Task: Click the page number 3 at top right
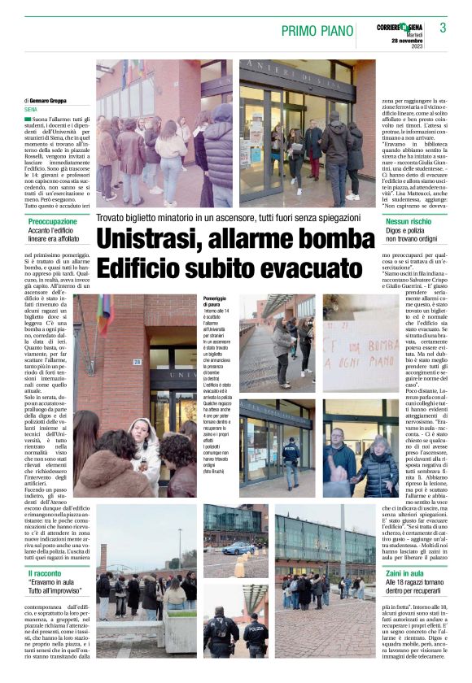[x=443, y=28]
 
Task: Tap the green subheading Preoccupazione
[x=53, y=221]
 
